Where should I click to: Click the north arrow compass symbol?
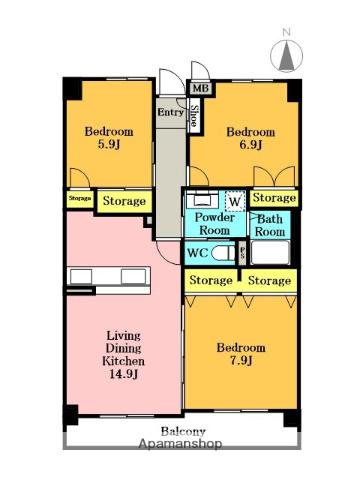coord(287,55)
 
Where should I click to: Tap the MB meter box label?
coord(201,89)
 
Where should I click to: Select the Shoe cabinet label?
coord(193,116)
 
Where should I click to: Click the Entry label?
coord(170,112)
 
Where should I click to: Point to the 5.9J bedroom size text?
coord(109,145)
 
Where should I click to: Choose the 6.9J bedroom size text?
coord(251,145)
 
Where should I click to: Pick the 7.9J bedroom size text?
coord(241,361)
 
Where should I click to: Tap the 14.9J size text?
coord(123,374)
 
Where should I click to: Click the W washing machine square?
coord(235,201)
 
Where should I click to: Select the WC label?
coord(198,253)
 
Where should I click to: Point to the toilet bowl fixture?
coord(223,253)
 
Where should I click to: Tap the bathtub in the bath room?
coord(270,253)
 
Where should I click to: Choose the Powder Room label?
coord(214,224)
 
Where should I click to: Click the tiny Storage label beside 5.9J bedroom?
coord(80,198)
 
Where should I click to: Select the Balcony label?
coord(183,432)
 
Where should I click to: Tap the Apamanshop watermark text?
coord(180,444)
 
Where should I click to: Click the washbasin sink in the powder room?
coord(202,200)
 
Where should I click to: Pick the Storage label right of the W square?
coord(274,198)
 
